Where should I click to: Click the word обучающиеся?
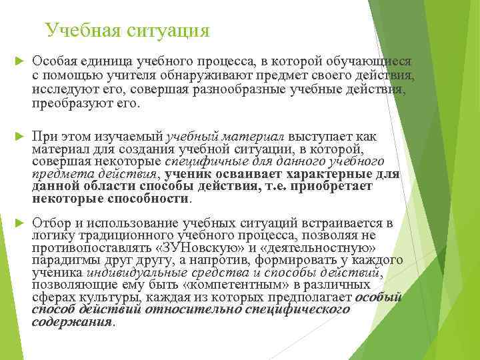373,61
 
